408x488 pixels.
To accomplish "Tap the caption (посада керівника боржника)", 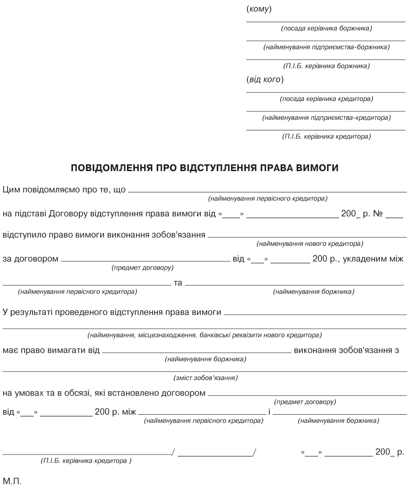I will tap(326, 29).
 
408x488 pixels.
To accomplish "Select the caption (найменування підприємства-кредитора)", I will tap(326, 118).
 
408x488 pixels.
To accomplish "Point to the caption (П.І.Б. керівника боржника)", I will tap(326, 67).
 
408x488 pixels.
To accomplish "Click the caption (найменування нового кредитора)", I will tap(310, 244).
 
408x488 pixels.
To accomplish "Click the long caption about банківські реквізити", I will tap(204, 335).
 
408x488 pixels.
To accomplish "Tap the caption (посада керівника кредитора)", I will tap(326, 99).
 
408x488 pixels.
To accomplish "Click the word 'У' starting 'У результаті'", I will tap(5, 312).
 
